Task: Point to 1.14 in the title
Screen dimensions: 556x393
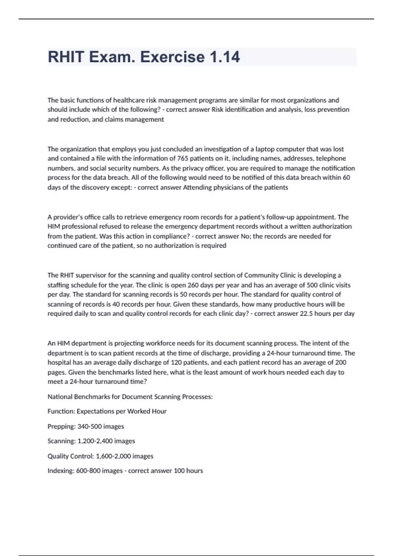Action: point(224,57)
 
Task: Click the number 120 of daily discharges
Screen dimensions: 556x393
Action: point(177,362)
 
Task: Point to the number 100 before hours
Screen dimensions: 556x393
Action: point(179,471)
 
